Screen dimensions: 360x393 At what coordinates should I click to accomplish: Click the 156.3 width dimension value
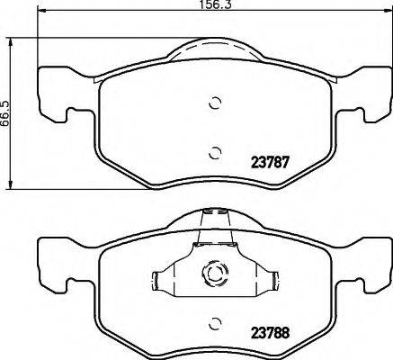[x=214, y=6]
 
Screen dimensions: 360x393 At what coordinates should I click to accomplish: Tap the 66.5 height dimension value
[x=7, y=112]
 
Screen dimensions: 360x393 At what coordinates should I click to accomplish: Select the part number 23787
[x=267, y=163]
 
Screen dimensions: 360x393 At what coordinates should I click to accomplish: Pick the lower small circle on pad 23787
[x=214, y=151]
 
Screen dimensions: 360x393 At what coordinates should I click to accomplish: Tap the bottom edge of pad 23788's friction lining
[x=214, y=354]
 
